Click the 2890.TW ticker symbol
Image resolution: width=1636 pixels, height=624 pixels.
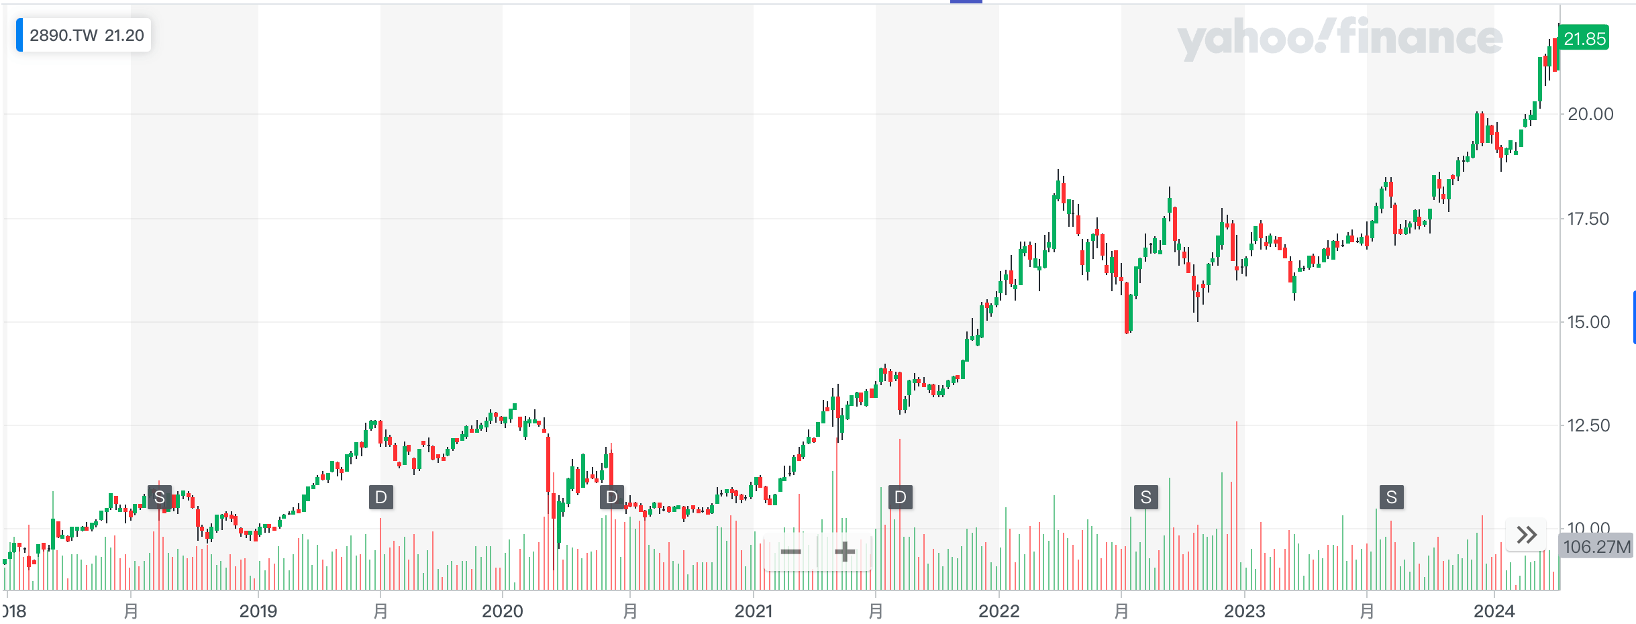pyautogui.click(x=64, y=36)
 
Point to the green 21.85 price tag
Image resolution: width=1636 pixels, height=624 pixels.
pyautogui.click(x=1584, y=39)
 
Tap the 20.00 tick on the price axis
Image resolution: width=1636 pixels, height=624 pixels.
pyautogui.click(x=1590, y=114)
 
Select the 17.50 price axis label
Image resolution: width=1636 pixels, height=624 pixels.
pyautogui.click(x=1588, y=219)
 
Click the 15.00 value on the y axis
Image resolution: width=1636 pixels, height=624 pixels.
pyautogui.click(x=1588, y=322)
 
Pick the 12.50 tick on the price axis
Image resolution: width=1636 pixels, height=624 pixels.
pyautogui.click(x=1588, y=425)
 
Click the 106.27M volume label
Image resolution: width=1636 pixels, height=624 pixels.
pyautogui.click(x=1596, y=547)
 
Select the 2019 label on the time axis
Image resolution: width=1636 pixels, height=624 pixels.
pyautogui.click(x=258, y=611)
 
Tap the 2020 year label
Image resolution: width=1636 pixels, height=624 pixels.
pyautogui.click(x=503, y=611)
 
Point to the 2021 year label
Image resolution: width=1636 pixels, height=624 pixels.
pyautogui.click(x=754, y=611)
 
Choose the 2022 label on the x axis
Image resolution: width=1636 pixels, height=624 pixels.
pyautogui.click(x=999, y=611)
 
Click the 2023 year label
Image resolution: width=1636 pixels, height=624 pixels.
pyautogui.click(x=1245, y=611)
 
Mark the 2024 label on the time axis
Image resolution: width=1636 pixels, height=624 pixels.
pyautogui.click(x=1494, y=611)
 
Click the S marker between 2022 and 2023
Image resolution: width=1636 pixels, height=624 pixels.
pyautogui.click(x=1146, y=497)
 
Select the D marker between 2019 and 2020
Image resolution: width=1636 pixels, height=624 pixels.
pyautogui.click(x=381, y=497)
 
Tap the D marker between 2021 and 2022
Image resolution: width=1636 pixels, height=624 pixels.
pyautogui.click(x=901, y=497)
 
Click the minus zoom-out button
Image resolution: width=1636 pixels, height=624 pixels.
pyautogui.click(x=791, y=552)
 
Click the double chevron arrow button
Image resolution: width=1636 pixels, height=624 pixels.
pyautogui.click(x=1527, y=535)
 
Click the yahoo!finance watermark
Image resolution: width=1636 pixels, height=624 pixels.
pyautogui.click(x=1339, y=38)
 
